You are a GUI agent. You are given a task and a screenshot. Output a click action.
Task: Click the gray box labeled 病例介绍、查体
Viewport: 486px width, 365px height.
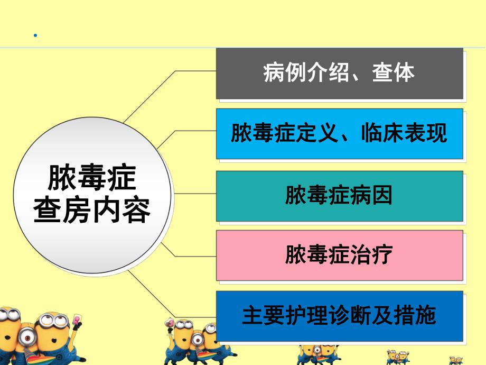(x=339, y=73)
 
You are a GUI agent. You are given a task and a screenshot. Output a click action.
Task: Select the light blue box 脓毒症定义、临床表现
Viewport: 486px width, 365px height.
(x=339, y=134)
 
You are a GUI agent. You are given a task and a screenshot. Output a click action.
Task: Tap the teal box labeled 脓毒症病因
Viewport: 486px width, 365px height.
(x=339, y=195)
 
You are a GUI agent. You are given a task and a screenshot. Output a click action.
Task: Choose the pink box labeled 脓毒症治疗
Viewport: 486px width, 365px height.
(x=339, y=255)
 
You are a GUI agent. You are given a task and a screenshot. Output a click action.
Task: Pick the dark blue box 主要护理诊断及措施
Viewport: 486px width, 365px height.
(x=339, y=316)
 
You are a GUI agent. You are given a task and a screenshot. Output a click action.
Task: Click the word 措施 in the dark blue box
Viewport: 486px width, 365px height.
(x=420, y=316)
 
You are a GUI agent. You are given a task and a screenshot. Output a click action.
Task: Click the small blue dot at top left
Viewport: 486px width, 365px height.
(x=35, y=36)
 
